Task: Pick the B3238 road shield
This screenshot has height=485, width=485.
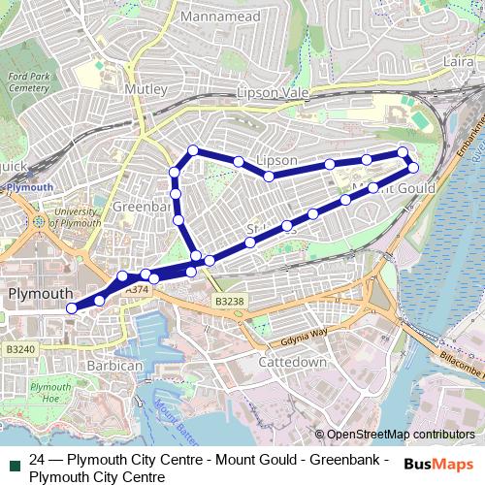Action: pyautogui.click(x=231, y=302)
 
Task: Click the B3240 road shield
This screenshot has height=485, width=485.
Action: pyautogui.click(x=19, y=348)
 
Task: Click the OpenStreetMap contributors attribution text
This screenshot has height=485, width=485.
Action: pyautogui.click(x=401, y=435)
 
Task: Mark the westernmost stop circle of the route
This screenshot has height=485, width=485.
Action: pyautogui.click(x=71, y=308)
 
